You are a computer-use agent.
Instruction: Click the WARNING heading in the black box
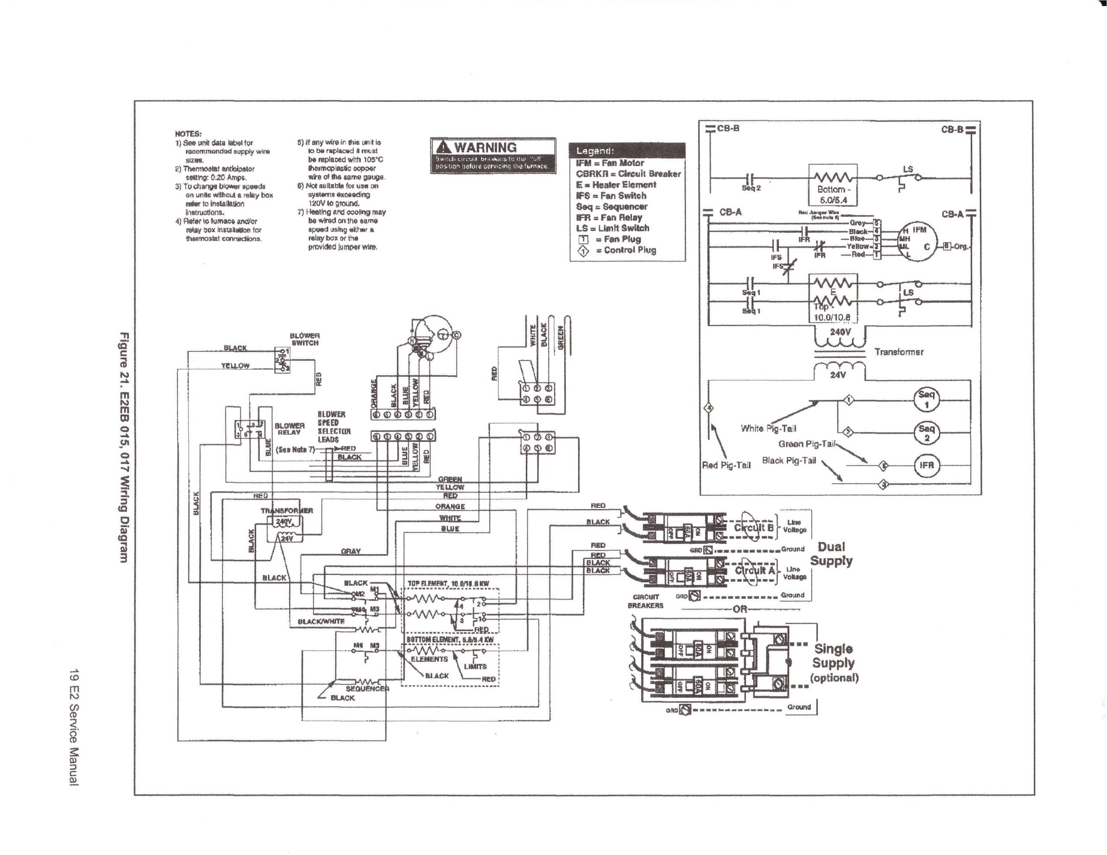[485, 147]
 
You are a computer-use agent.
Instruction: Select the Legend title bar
[627, 150]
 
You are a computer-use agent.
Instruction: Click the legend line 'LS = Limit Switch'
[612, 228]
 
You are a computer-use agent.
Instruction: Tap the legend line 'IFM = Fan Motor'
[610, 163]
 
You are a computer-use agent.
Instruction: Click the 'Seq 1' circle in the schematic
[926, 399]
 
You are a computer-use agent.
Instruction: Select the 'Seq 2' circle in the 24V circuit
[926, 432]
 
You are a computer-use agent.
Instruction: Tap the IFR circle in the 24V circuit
[926, 465]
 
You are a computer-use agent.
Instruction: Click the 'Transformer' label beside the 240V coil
[899, 352]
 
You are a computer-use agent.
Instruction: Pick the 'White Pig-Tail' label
[768, 428]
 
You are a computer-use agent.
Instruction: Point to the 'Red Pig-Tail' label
[726, 465]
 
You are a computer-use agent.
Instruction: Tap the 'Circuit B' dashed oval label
[754, 528]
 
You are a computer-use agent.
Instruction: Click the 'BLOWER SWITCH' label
[304, 339]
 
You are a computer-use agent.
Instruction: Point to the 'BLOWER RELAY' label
[289, 429]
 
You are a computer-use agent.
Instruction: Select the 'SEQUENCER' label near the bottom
[367, 689]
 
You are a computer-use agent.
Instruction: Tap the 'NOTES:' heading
[188, 134]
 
